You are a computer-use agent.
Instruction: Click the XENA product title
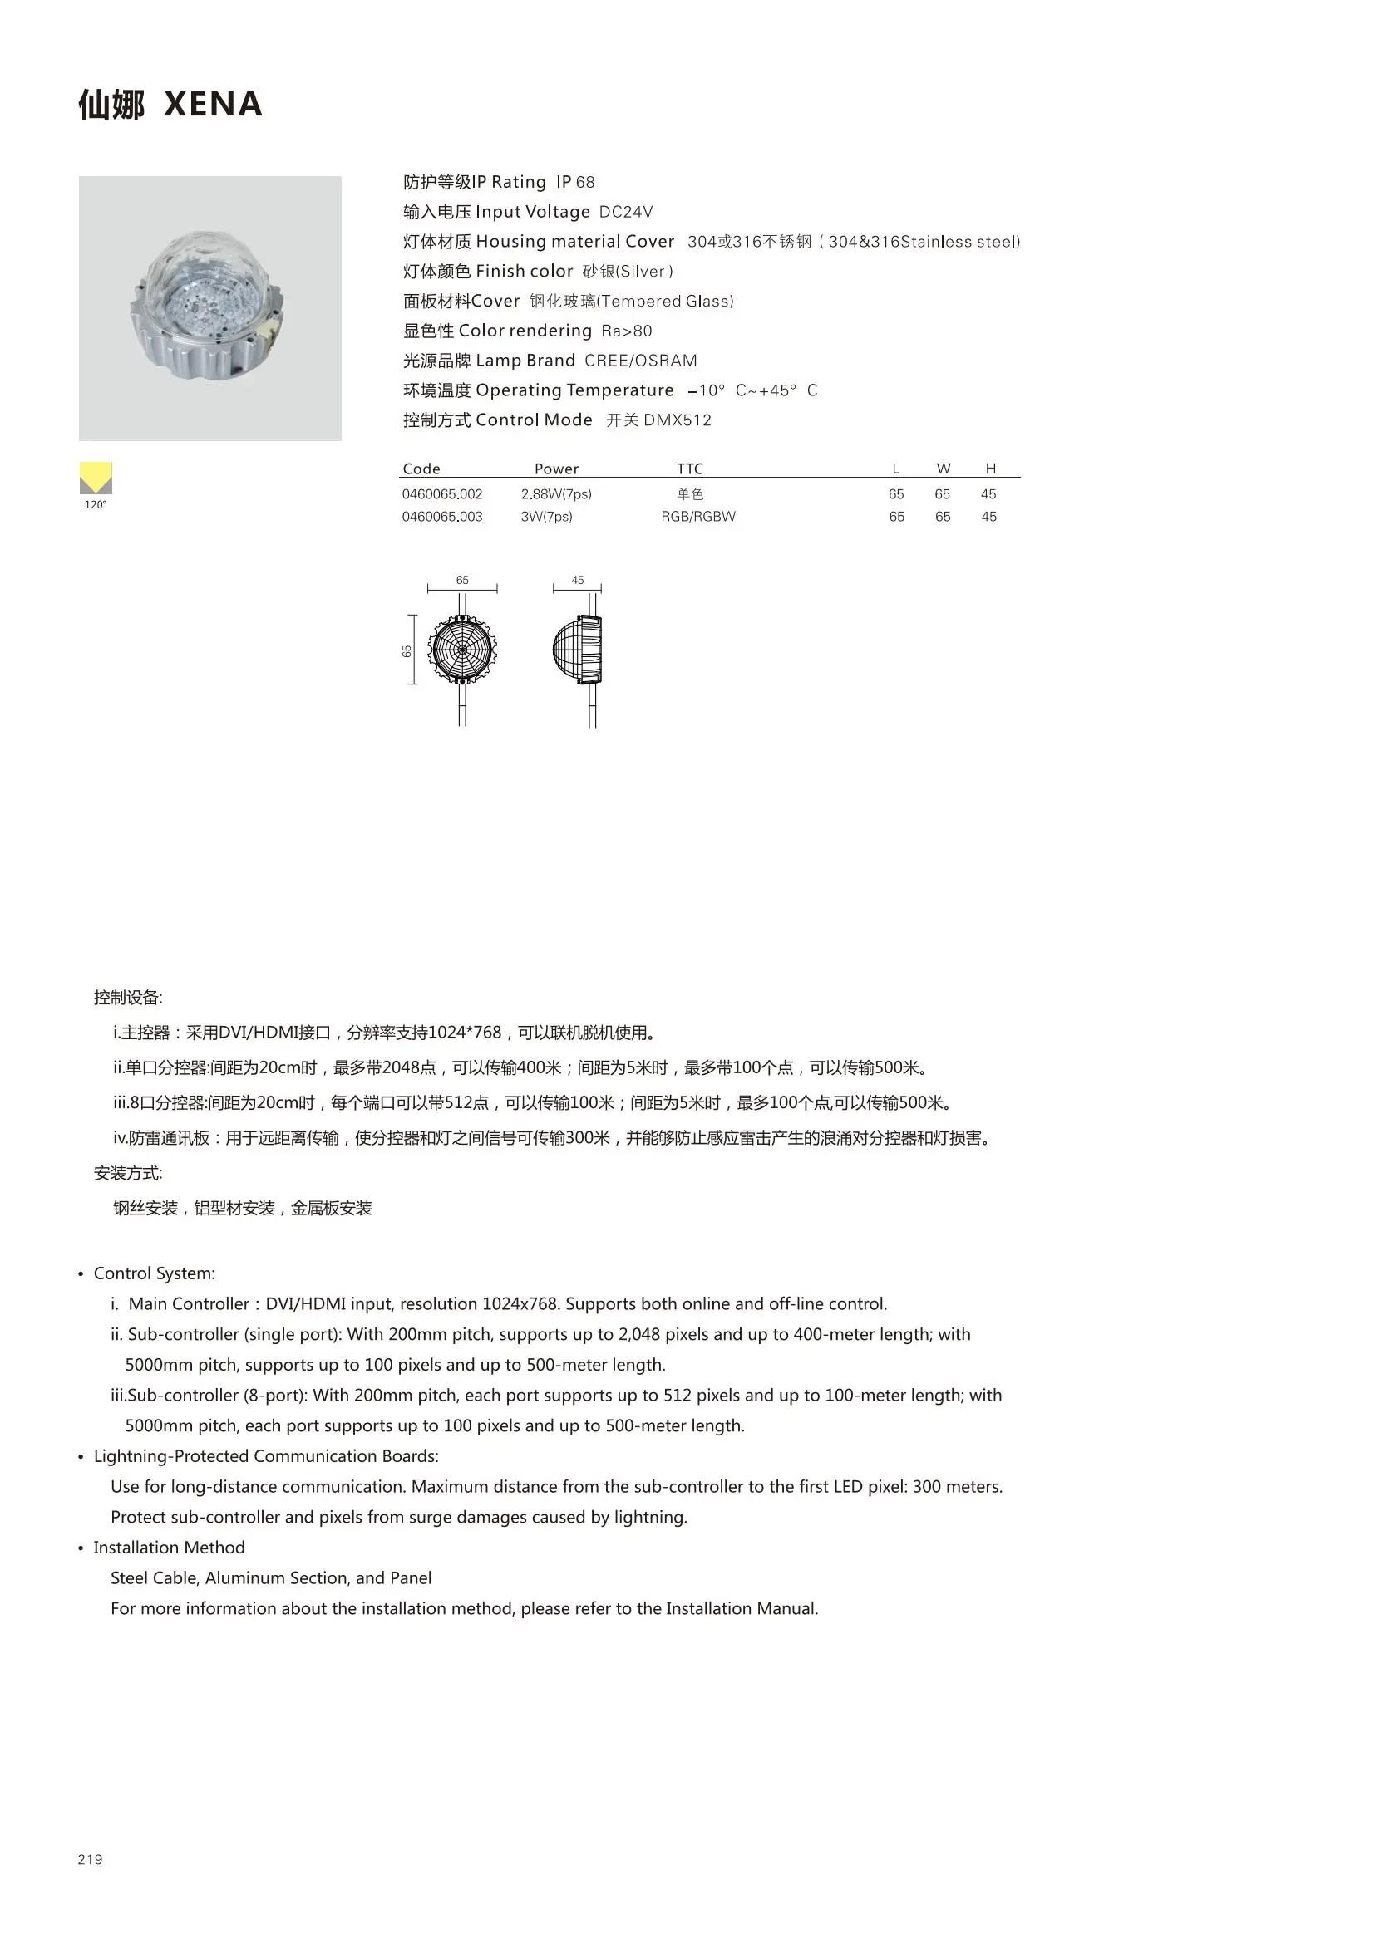[x=213, y=104]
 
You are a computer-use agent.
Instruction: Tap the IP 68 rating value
[x=575, y=182]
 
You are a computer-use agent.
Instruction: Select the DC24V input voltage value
[x=626, y=212]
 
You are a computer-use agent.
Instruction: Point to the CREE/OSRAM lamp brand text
[x=640, y=361]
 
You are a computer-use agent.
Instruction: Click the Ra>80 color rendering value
[x=627, y=331]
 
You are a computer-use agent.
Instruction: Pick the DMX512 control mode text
[x=678, y=420]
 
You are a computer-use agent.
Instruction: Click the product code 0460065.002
[x=442, y=494]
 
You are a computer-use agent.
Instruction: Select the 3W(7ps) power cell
[x=546, y=516]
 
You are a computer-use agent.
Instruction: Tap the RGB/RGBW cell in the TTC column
[x=697, y=516]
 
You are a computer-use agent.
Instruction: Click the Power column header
[x=556, y=469]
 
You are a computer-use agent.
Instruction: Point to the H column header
[x=990, y=469]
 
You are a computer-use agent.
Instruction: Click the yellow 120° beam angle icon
[x=96, y=478]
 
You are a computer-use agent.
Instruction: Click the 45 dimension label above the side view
[x=578, y=581]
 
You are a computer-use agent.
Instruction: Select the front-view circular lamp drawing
[x=462, y=649]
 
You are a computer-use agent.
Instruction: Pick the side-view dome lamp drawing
[x=578, y=649]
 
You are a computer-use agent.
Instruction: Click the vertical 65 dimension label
[x=407, y=650]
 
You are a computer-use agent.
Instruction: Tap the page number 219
[x=90, y=1859]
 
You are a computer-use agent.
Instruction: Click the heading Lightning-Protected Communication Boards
[x=266, y=1455]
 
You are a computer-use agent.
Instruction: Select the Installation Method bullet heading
[x=169, y=1547]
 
